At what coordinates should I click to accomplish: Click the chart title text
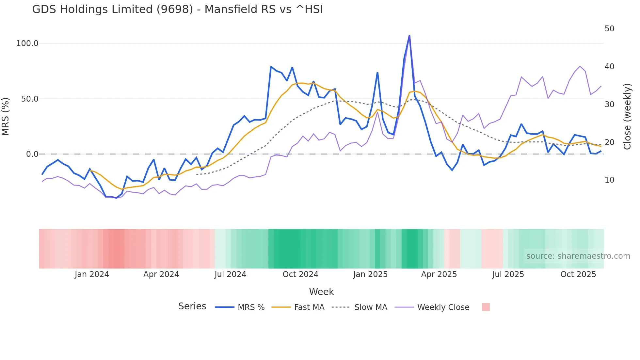177,9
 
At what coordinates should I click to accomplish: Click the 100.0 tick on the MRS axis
27,43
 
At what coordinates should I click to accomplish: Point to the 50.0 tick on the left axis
29,99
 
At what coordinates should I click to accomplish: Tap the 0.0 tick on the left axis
32,154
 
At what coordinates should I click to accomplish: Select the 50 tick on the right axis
609,29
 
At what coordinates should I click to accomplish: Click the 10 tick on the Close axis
609,180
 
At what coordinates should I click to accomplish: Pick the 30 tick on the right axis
609,105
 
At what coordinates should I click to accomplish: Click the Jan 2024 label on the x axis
92,274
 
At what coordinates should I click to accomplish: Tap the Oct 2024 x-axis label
300,274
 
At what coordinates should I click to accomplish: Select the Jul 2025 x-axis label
508,274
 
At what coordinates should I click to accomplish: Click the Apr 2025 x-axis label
439,274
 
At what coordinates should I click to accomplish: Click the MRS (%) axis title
6,116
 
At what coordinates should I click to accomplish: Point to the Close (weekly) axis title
627,117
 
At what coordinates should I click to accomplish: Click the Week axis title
321,292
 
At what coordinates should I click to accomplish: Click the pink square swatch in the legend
486,307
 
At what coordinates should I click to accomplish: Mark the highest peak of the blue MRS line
409,35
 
